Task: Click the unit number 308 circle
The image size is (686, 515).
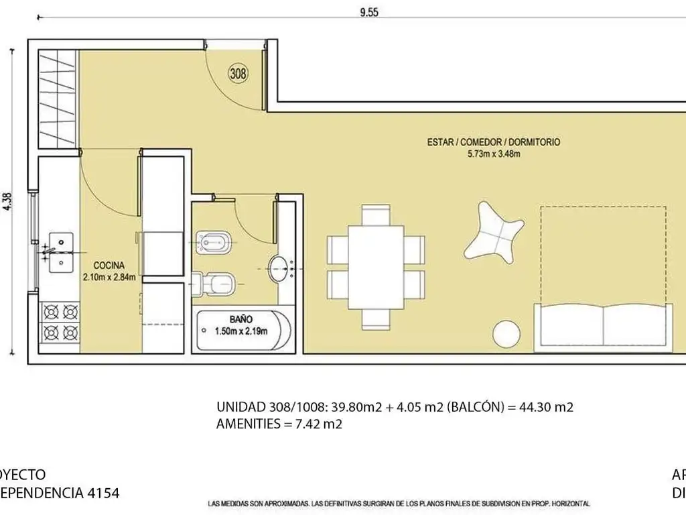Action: pyautogui.click(x=238, y=74)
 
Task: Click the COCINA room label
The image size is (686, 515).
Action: pyautogui.click(x=109, y=265)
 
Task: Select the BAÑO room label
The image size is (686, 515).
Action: pyautogui.click(x=241, y=319)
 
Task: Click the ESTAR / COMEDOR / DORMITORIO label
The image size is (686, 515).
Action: pyautogui.click(x=493, y=142)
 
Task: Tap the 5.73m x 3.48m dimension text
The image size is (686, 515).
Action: pyautogui.click(x=493, y=154)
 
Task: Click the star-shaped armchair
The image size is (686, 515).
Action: pyautogui.click(x=496, y=233)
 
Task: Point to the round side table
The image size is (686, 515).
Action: pyautogui.click(x=507, y=334)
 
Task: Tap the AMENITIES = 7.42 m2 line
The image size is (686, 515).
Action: pyautogui.click(x=279, y=424)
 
